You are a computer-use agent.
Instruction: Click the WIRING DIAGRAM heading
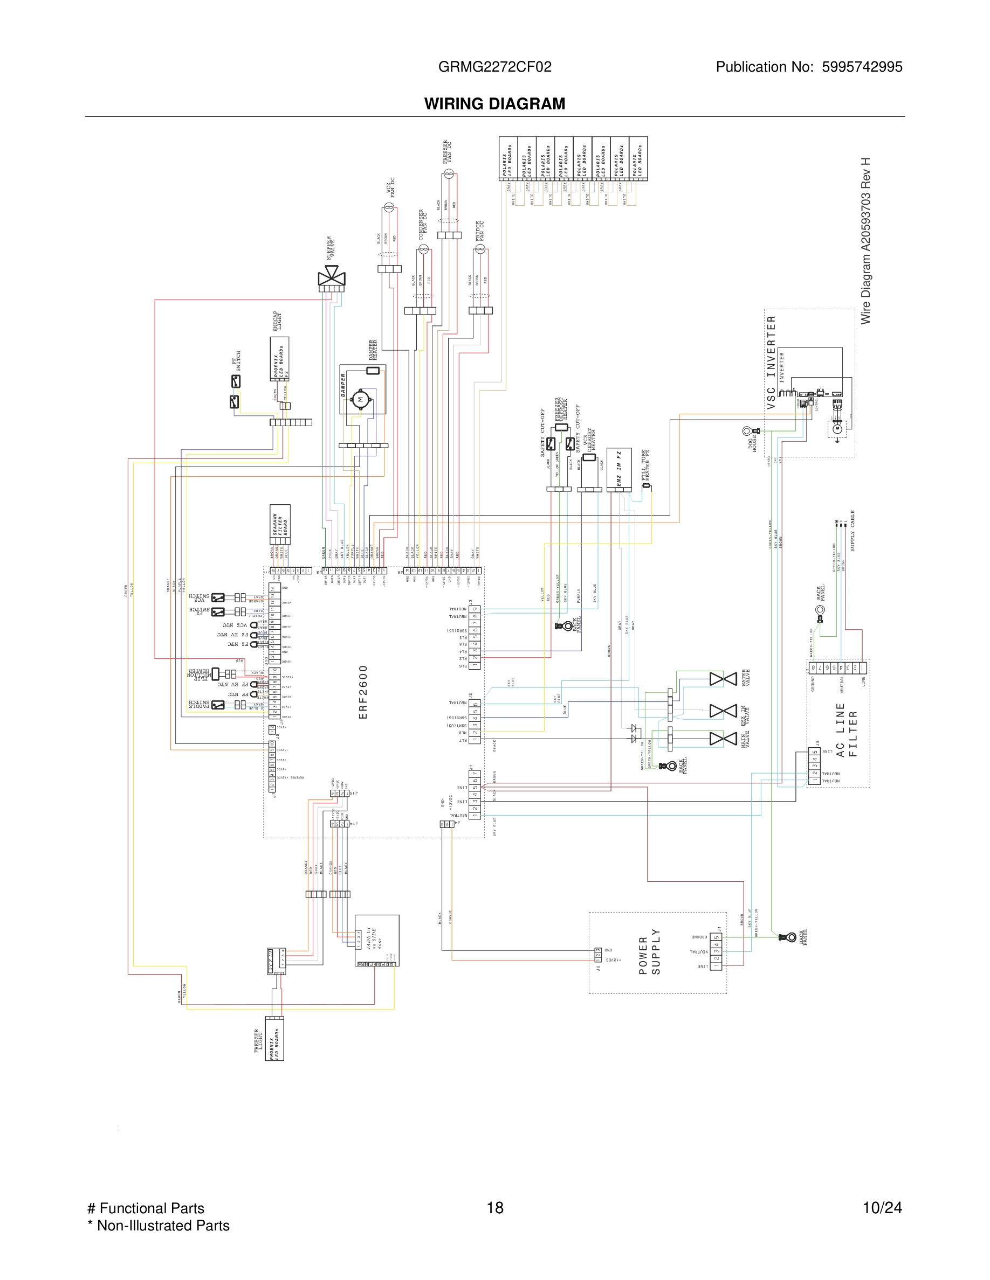[494, 104]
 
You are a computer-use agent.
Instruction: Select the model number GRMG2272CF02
[494, 67]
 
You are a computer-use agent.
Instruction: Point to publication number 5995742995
[862, 67]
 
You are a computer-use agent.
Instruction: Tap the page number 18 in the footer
[494, 1207]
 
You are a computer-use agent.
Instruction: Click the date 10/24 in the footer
[882, 1207]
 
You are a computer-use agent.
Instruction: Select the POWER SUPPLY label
[649, 952]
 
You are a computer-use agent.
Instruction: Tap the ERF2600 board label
[363, 692]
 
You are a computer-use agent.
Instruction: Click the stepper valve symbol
[332, 276]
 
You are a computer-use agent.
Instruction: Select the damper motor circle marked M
[360, 400]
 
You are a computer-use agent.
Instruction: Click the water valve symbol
[723, 679]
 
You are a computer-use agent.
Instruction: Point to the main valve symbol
[723, 739]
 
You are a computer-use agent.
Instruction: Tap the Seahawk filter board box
[280, 524]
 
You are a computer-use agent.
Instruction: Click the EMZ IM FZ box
[619, 468]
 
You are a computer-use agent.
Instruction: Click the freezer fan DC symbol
[449, 174]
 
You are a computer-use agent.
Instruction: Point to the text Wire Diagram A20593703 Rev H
[865, 240]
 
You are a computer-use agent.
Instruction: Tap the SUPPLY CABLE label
[852, 531]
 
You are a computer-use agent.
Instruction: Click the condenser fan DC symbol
[423, 249]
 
